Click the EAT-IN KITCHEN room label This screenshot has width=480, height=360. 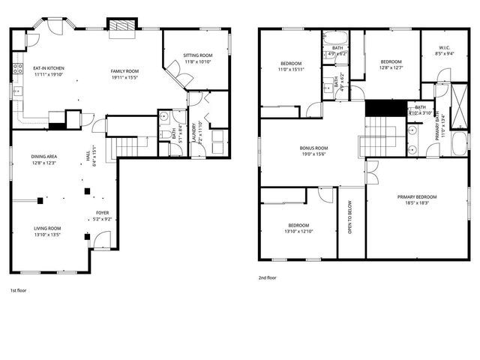point(46,68)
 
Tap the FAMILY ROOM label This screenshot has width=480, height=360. point(125,71)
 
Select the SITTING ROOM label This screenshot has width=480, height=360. point(199,55)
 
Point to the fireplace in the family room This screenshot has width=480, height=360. point(122,28)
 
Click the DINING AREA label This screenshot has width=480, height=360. point(44,157)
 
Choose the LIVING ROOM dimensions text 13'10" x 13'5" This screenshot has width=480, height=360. point(46,234)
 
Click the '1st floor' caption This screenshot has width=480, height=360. point(18,289)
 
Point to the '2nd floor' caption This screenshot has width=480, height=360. point(267,277)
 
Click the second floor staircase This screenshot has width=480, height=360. point(383,136)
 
